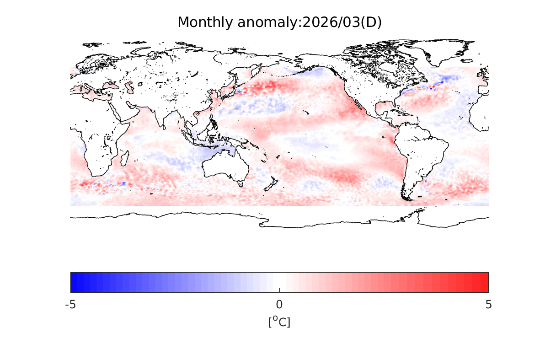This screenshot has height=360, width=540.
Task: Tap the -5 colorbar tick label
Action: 70,304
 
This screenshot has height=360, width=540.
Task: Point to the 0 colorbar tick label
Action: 279,304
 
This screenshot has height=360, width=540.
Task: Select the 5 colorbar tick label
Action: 488,304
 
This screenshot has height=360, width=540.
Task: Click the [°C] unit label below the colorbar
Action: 279,322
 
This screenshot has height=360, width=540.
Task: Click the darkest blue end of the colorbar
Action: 73,282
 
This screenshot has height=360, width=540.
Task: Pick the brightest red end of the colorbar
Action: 486,282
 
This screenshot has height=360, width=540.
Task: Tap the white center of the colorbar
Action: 279,282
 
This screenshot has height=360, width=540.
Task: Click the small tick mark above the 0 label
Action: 279,290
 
